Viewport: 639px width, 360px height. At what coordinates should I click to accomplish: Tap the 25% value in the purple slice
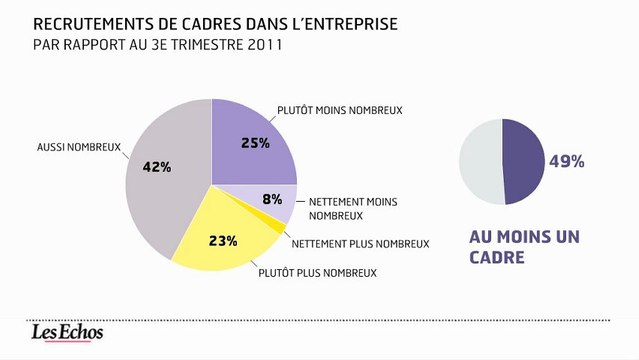[x=255, y=143]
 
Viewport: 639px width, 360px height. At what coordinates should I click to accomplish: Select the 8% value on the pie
[x=271, y=199]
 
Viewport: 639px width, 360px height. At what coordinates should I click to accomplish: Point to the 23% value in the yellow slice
[x=223, y=240]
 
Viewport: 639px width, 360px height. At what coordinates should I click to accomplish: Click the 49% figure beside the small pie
[x=566, y=161]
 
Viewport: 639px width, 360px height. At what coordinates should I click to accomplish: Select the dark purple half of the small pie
[x=523, y=162]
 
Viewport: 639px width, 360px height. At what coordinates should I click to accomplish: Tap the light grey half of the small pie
[x=480, y=162]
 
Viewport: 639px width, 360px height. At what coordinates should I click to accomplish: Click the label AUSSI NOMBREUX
[x=77, y=147]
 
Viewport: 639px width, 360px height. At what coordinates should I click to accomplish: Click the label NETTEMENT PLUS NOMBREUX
[x=359, y=243]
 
